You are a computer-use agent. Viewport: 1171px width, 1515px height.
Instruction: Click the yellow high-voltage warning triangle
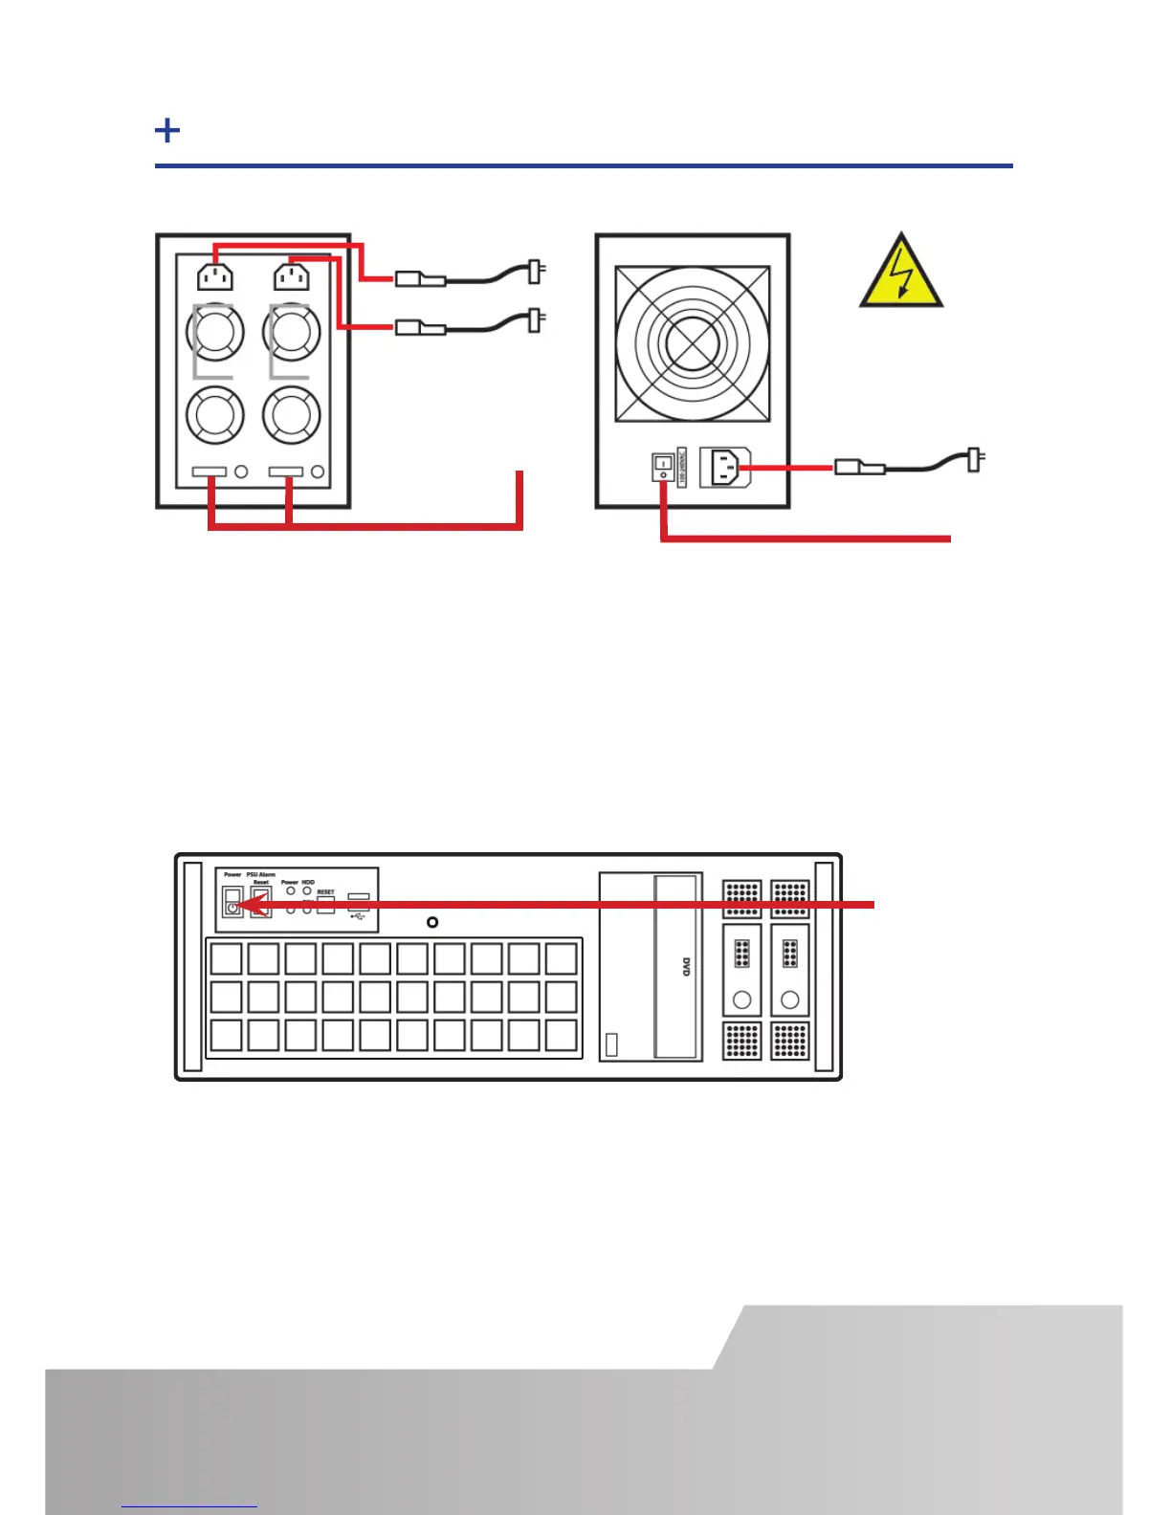click(x=900, y=275)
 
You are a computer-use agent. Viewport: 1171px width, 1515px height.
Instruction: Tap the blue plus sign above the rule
click(x=167, y=130)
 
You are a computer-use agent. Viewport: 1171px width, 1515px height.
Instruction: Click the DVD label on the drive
click(x=686, y=966)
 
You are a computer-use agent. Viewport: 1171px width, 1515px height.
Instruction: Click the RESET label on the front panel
click(x=326, y=891)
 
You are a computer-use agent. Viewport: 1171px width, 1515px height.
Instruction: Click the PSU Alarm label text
click(x=260, y=874)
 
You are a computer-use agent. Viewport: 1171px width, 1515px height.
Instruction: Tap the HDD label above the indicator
click(x=308, y=882)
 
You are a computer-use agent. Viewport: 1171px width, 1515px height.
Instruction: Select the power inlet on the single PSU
click(x=724, y=468)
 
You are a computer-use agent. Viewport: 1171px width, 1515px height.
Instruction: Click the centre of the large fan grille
click(x=692, y=343)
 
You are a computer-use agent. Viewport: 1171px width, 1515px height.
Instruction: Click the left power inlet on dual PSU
click(x=214, y=276)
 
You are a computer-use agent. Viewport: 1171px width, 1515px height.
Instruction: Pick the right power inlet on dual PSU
click(x=291, y=276)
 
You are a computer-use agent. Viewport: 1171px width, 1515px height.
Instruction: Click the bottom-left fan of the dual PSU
click(x=214, y=415)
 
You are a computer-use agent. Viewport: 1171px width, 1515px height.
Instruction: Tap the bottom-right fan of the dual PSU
click(x=291, y=415)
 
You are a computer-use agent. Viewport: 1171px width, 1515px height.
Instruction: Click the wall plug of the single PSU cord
click(x=975, y=460)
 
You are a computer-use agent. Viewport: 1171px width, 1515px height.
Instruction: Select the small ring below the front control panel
click(x=432, y=922)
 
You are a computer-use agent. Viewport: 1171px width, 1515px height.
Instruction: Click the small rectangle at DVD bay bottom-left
click(x=612, y=1044)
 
